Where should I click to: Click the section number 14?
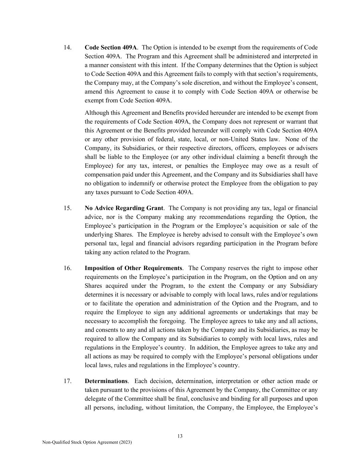coord(67,47)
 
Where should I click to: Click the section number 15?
coord(67,208)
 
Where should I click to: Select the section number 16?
coord(67,268)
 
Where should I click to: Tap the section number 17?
coord(67,381)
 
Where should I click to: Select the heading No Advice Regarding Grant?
coord(124,208)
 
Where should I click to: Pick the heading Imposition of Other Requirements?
coord(133,268)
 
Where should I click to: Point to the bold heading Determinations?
coord(106,381)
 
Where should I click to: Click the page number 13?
coord(180,436)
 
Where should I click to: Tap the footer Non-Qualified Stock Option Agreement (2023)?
coord(87,442)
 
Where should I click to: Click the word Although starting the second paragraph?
coord(97,113)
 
